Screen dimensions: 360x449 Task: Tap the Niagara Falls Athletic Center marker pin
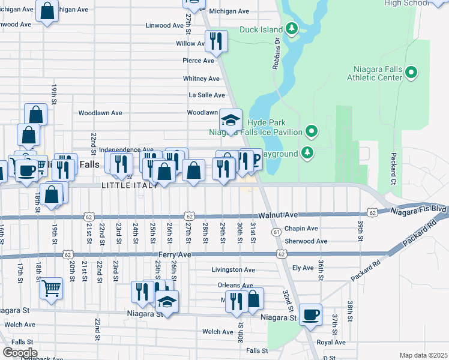click(x=411, y=73)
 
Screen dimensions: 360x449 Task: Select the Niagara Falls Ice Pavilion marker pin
click(x=311, y=130)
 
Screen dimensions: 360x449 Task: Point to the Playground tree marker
click(x=307, y=153)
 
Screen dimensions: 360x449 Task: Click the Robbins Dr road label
click(x=277, y=54)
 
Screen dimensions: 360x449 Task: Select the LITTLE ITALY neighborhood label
click(x=130, y=185)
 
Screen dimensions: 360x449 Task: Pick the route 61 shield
click(x=276, y=232)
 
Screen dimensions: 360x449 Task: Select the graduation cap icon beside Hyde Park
click(x=231, y=119)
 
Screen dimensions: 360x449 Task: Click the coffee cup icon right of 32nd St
click(x=310, y=314)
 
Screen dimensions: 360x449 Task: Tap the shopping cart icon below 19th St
click(x=52, y=288)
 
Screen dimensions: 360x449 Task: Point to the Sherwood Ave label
click(x=306, y=241)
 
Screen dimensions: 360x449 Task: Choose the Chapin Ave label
click(x=301, y=229)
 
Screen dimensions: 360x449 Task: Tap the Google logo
click(x=19, y=352)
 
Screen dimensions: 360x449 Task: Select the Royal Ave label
click(x=331, y=342)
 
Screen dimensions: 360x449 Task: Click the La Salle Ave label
click(x=206, y=95)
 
